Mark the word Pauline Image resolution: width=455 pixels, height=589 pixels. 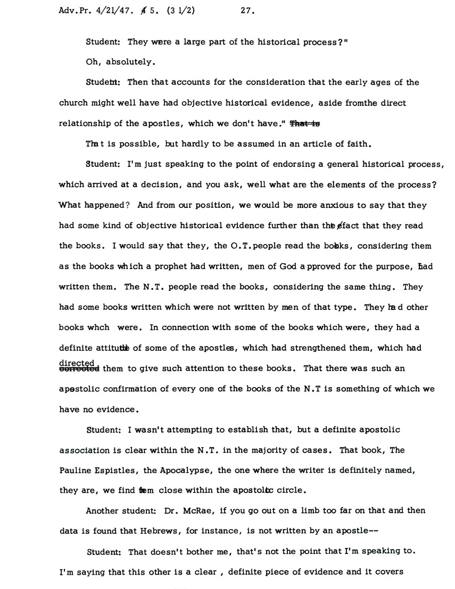(74, 470)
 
